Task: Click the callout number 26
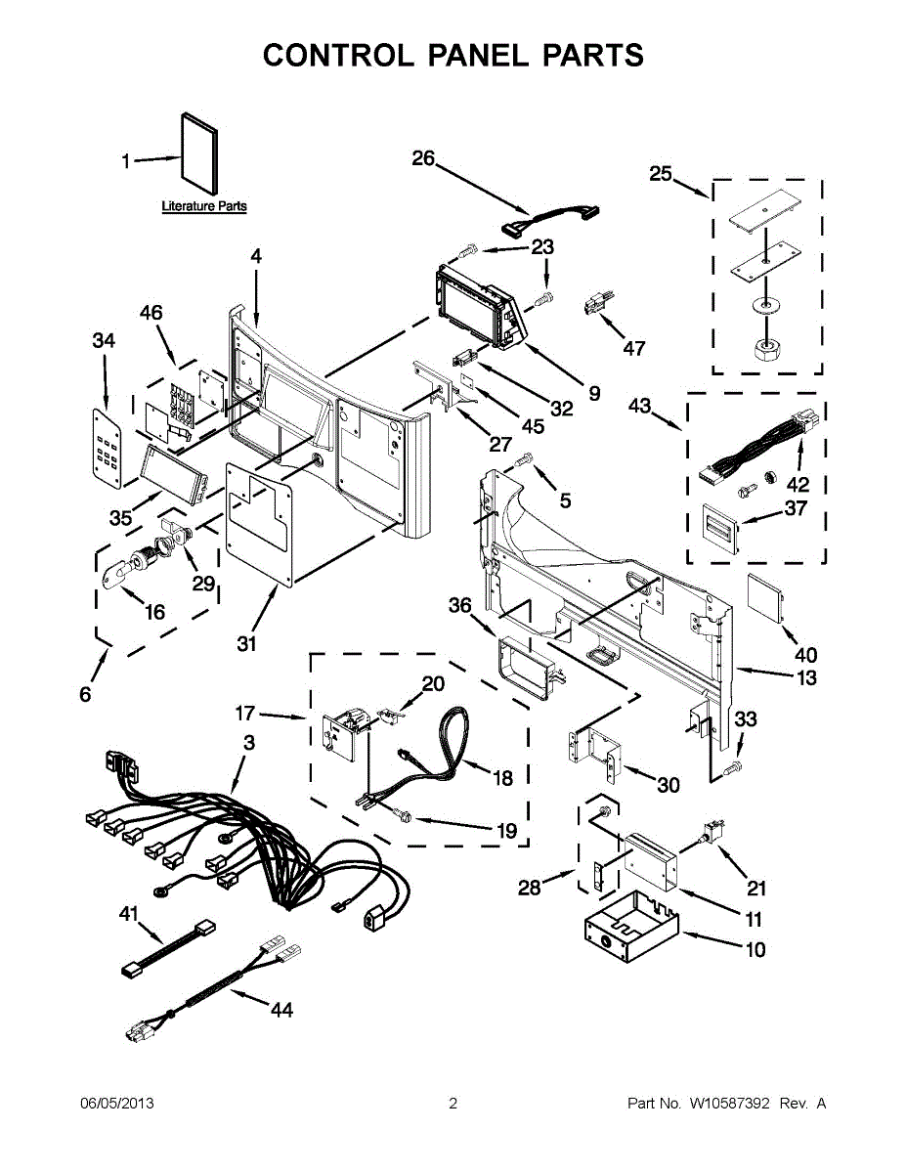(x=422, y=157)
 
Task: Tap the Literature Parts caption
(x=203, y=206)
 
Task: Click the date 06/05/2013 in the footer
(x=116, y=1104)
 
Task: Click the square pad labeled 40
(x=766, y=599)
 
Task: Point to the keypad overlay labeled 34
(x=108, y=448)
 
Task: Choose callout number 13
(x=805, y=677)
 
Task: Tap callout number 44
(x=280, y=1010)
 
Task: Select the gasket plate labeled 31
(x=260, y=522)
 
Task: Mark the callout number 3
(x=249, y=743)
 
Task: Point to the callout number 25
(x=661, y=174)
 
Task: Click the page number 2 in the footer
(x=453, y=1104)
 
